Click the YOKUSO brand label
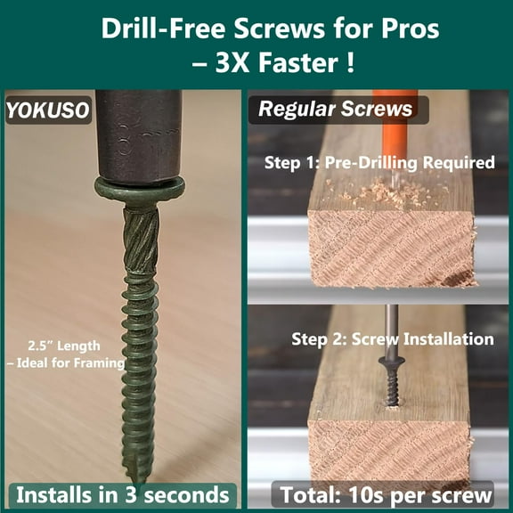click(46, 111)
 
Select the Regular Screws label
click(336, 110)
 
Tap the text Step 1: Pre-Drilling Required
click(379, 163)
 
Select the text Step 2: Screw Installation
click(392, 339)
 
